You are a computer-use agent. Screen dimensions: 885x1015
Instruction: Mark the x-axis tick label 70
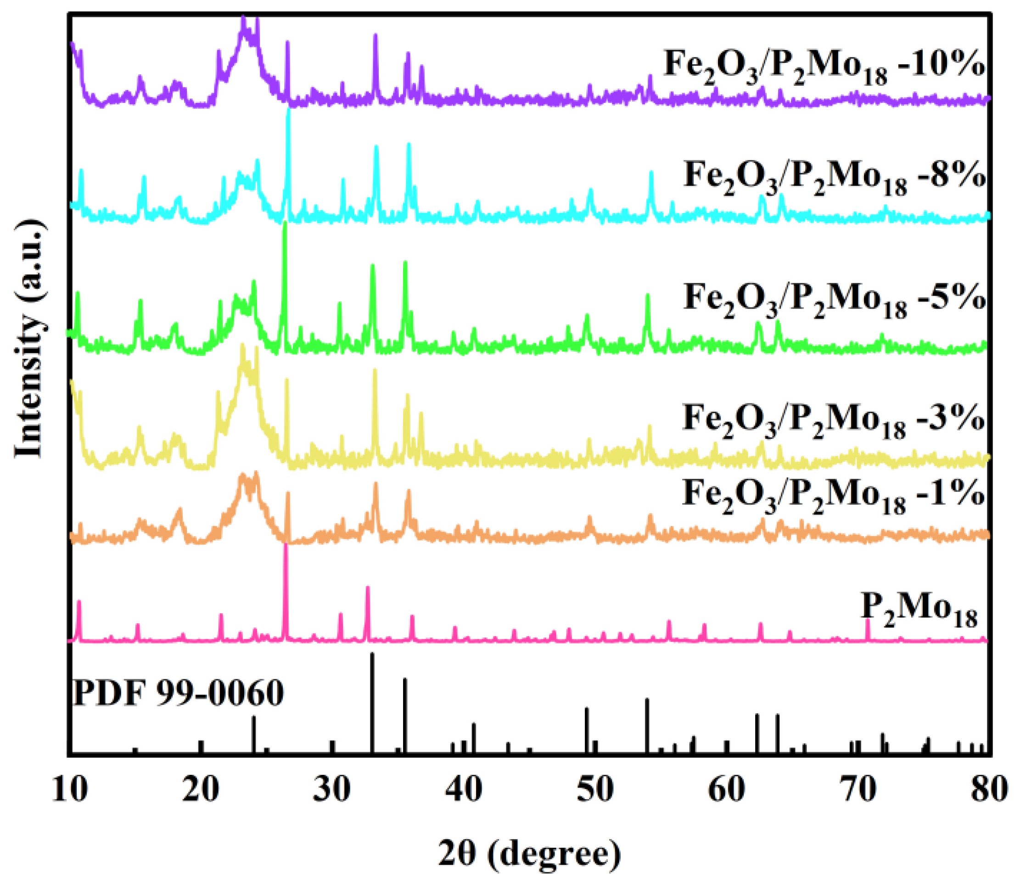pos(859,789)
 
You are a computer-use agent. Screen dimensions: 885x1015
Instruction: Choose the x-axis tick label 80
pos(990,789)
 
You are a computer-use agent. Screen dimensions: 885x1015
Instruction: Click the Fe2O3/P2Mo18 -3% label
pos(833,421)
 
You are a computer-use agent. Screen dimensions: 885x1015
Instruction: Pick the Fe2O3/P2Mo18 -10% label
pos(824,67)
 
